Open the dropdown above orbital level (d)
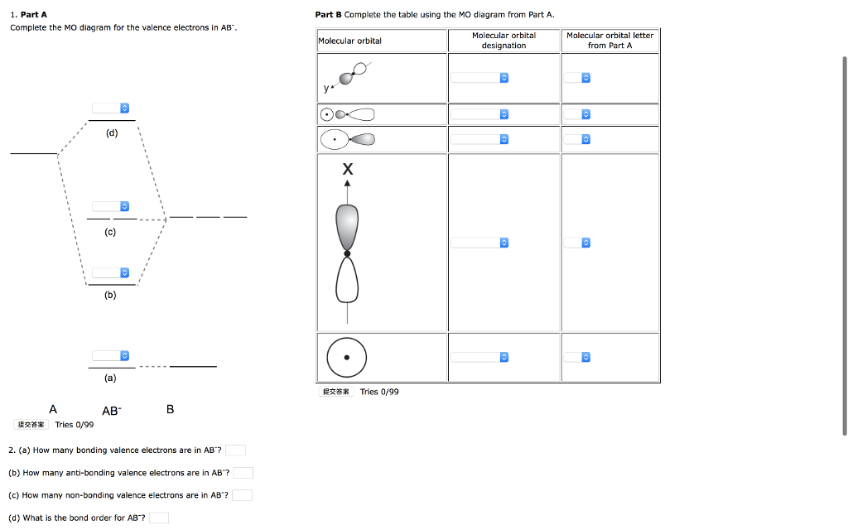pos(111,108)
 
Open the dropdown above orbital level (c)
pos(111,205)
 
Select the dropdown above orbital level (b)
pos(111,272)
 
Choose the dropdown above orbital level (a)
pos(111,355)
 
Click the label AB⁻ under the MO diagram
pos(111,411)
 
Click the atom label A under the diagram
pos(53,409)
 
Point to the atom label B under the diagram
pos(170,409)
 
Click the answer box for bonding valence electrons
pos(235,450)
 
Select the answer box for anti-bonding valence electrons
pos(243,473)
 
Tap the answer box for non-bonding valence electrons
pos(242,495)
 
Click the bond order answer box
pos(159,518)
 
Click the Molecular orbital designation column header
pos(503,41)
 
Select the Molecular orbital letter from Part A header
pos(609,41)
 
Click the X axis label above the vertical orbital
pos(347,170)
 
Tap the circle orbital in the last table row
pos(347,358)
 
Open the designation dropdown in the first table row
pos(479,78)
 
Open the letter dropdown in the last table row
pos(577,358)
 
